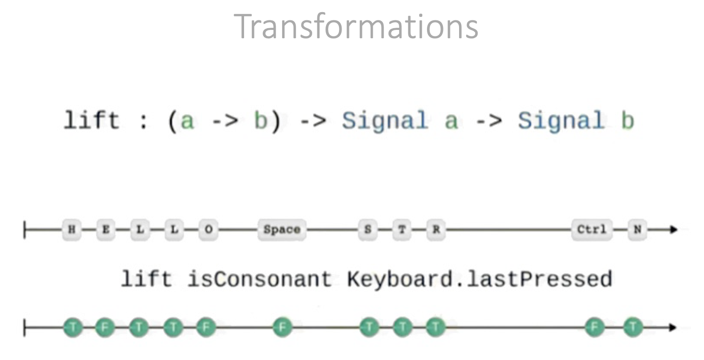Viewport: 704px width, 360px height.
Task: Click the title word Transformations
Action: pyautogui.click(x=356, y=27)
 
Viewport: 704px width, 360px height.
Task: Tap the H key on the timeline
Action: pyautogui.click(x=72, y=229)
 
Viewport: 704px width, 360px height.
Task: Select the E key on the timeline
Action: pyautogui.click(x=106, y=229)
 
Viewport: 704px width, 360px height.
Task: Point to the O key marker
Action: pyautogui.click(x=209, y=229)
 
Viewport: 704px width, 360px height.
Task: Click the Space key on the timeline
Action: pyautogui.click(x=282, y=229)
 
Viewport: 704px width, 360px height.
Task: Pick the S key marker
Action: pyautogui.click(x=368, y=229)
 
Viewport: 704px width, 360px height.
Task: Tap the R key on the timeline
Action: pyautogui.click(x=436, y=229)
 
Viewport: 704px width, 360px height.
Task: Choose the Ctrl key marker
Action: pyautogui.click(x=592, y=229)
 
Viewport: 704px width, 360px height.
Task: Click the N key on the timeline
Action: pyautogui.click(x=637, y=229)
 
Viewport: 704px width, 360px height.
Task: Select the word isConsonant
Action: pyautogui.click(x=259, y=279)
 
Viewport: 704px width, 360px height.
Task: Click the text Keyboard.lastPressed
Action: pyautogui.click(x=479, y=279)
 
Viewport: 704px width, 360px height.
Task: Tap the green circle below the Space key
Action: pyautogui.click(x=283, y=327)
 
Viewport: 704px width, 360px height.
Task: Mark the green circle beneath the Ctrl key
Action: pyautogui.click(x=595, y=327)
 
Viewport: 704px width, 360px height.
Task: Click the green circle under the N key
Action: pyautogui.click(x=633, y=327)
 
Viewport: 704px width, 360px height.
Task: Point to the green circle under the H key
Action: pyautogui.click(x=73, y=327)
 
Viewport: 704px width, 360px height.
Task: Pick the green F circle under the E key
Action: pyautogui.click(x=104, y=327)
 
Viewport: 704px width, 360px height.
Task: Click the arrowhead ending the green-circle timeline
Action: pyautogui.click(x=673, y=327)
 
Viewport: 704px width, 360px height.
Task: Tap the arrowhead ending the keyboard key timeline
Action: pyautogui.click(x=673, y=229)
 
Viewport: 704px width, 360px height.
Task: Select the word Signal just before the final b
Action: pyautogui.click(x=561, y=121)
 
